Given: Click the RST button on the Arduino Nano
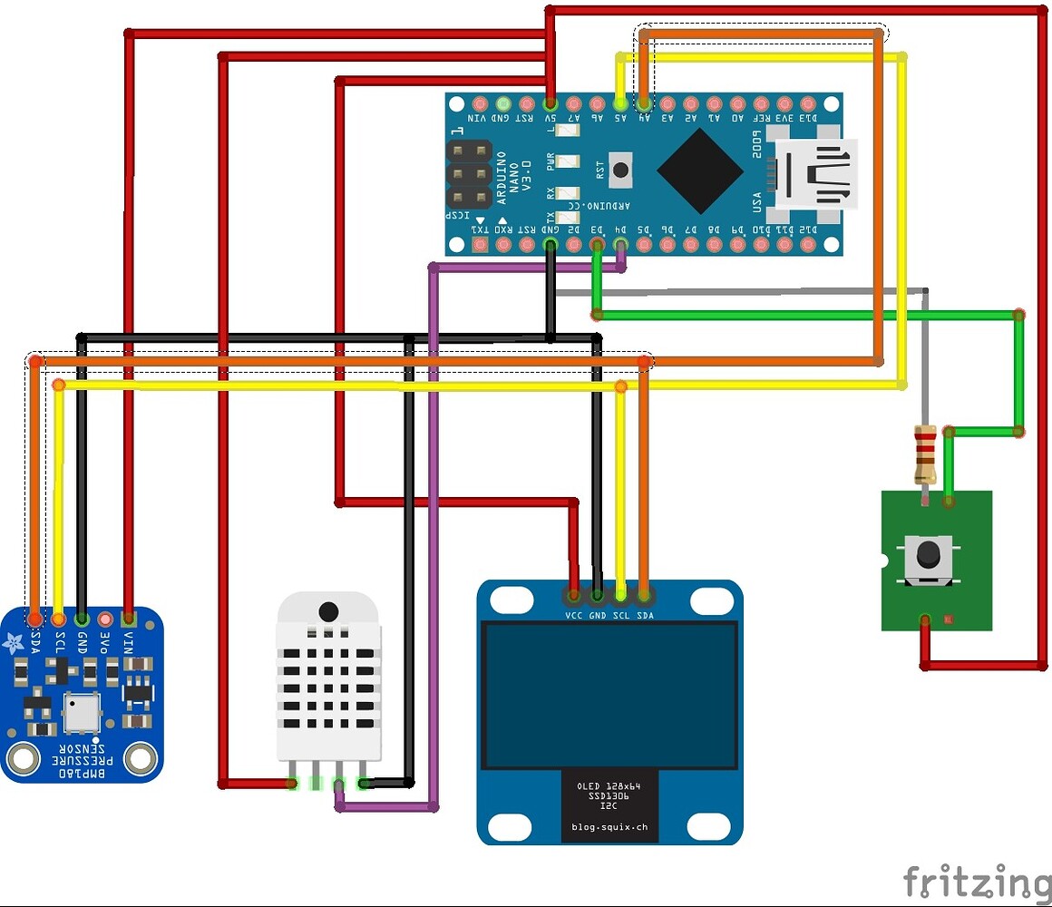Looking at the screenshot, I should pyautogui.click(x=621, y=170).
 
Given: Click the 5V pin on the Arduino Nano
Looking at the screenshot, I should pyautogui.click(x=550, y=103).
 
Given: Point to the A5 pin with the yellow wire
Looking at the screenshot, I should pyautogui.click(x=620, y=103).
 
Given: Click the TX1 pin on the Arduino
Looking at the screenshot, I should pyautogui.click(x=479, y=244).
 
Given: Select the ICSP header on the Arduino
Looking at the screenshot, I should pyautogui.click(x=469, y=172).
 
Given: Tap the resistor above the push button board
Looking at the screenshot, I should pyautogui.click(x=924, y=453).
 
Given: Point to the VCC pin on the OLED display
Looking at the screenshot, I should pyautogui.click(x=574, y=596).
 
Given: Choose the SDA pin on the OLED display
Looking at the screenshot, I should pyautogui.click(x=644, y=596).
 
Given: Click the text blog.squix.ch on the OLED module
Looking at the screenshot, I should pyautogui.click(x=609, y=826).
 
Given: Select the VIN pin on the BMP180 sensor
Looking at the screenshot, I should pyautogui.click(x=129, y=619).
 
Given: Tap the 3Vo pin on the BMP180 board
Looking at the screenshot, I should pyautogui.click(x=105, y=619).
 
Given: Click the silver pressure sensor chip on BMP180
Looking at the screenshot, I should pyautogui.click(x=81, y=713).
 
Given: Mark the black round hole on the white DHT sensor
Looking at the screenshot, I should pyautogui.click(x=329, y=610).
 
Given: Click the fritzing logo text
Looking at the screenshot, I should pyautogui.click(x=975, y=881).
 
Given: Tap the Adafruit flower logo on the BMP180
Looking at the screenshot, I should pyautogui.click(x=14, y=644).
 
